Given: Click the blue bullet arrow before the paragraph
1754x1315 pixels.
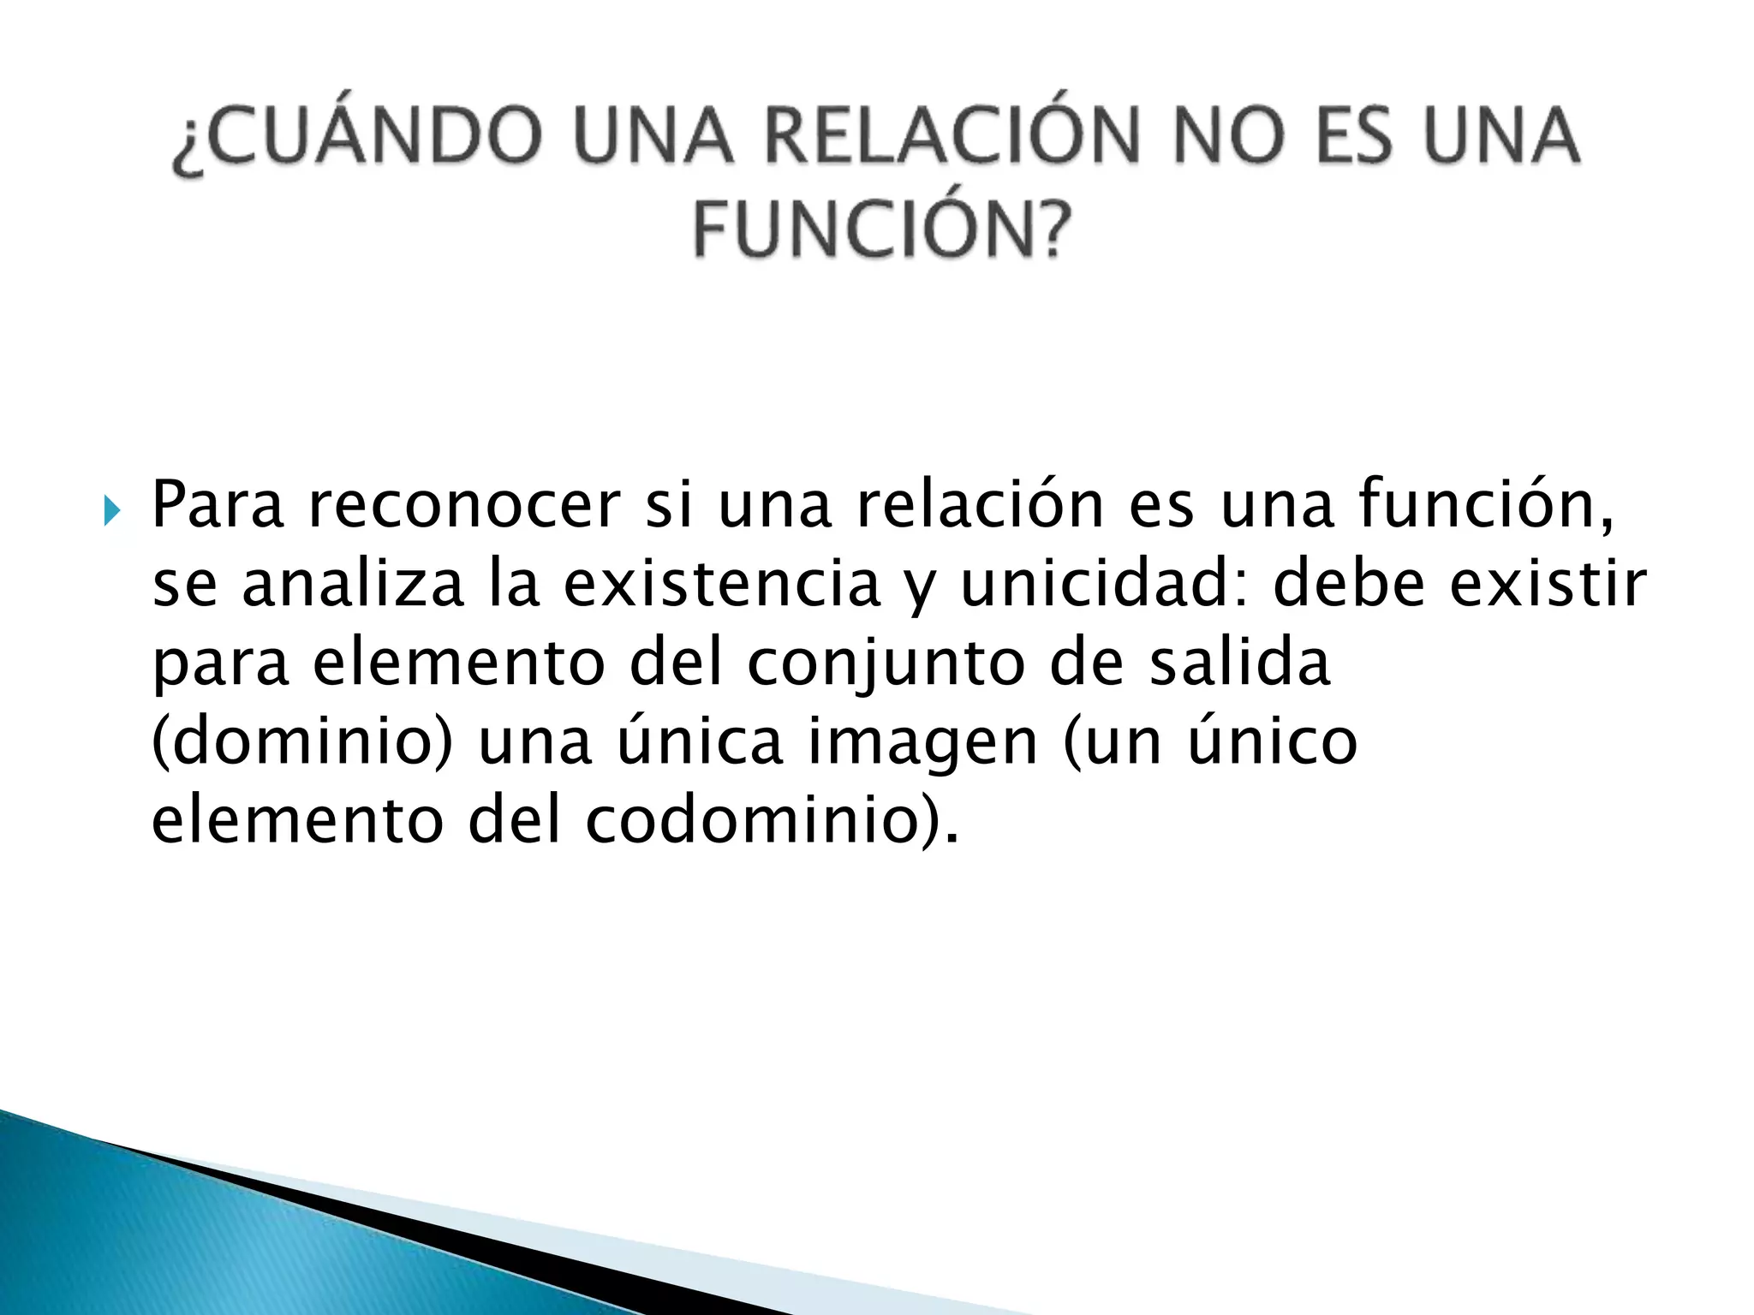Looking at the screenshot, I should click(111, 512).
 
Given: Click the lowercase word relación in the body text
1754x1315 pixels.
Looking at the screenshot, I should click(981, 505).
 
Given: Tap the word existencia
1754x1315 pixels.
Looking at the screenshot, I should click(721, 584).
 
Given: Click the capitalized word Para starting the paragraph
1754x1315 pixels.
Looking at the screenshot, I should click(218, 505).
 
